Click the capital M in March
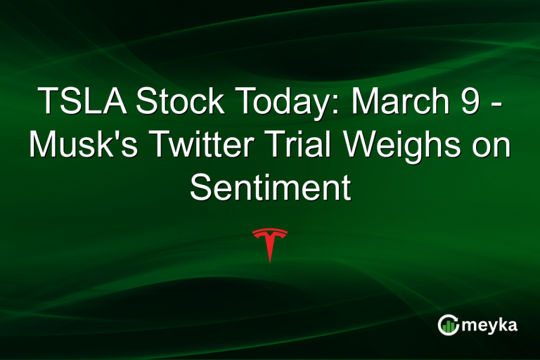pos(365,103)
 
